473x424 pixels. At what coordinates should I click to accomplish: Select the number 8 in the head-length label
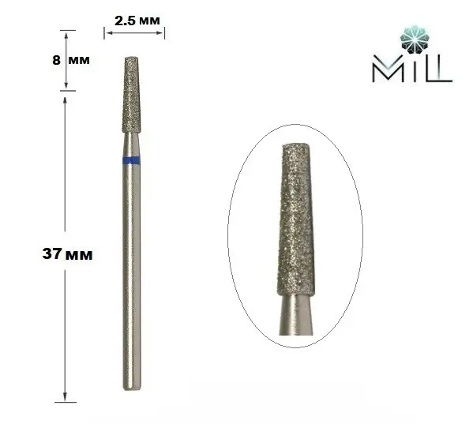pyautogui.click(x=56, y=60)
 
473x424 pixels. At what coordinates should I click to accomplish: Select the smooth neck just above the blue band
pyautogui.click(x=132, y=145)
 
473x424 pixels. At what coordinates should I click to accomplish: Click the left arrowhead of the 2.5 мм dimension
pyautogui.click(x=107, y=32)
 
